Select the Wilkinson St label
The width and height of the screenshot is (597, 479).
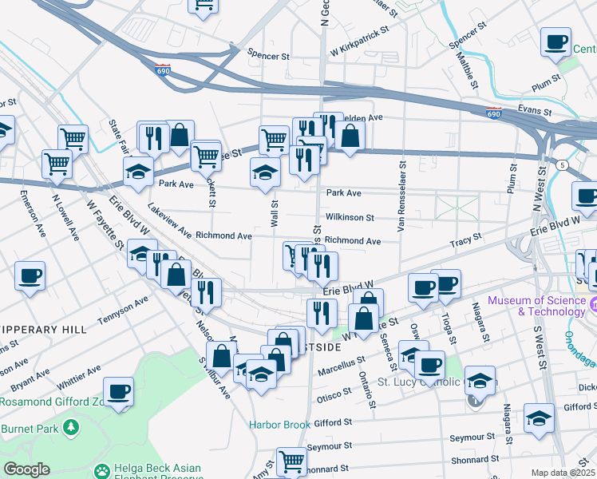click(350, 217)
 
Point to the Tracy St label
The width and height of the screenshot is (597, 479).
click(466, 239)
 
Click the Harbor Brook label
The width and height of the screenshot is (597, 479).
click(279, 424)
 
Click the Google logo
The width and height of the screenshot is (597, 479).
click(26, 469)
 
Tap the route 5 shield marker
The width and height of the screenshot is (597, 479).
click(563, 164)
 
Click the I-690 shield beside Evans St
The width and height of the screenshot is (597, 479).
click(494, 113)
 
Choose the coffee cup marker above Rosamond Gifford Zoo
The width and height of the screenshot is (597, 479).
click(118, 393)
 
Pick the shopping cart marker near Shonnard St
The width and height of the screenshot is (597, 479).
click(291, 462)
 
